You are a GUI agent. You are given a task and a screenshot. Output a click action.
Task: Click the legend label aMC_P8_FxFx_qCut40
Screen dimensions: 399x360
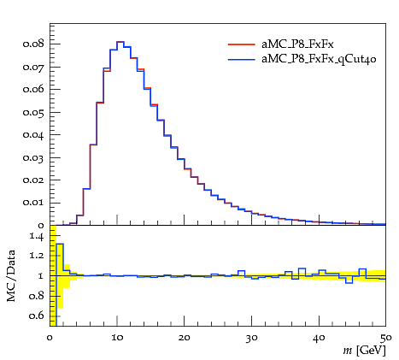319,59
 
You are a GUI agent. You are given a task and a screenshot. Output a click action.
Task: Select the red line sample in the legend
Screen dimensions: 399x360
241,44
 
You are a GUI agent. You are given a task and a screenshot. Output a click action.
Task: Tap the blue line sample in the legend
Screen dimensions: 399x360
241,60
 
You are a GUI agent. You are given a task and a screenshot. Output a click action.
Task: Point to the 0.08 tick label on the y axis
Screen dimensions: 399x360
33,44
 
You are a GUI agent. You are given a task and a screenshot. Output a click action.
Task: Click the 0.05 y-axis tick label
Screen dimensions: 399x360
33,112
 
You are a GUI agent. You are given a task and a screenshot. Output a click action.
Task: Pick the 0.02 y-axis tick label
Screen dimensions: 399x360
33,180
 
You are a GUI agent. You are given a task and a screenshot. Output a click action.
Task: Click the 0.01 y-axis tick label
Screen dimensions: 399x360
33,203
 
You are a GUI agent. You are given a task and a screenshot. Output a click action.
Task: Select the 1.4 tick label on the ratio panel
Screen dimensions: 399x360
37,236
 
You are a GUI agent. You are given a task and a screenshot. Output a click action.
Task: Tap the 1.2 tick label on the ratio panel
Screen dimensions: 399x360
37,255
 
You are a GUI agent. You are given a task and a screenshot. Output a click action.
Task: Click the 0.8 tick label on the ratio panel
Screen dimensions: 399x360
37,296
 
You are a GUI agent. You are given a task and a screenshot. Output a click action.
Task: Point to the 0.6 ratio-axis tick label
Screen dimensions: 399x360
37,316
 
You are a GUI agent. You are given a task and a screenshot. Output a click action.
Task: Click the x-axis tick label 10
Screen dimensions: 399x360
117,338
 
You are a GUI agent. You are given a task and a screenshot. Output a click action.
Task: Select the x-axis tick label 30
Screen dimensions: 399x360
251,338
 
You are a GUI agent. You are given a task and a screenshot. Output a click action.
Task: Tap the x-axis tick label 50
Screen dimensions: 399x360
386,338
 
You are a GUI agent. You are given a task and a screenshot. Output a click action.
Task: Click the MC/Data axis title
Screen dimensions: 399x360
11,276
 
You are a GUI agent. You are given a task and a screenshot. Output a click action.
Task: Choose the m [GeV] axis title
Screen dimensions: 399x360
364,351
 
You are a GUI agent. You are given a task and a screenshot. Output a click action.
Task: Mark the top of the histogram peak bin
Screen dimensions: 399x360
120,42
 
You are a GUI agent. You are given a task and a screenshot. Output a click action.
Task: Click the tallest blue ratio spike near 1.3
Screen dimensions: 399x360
60,244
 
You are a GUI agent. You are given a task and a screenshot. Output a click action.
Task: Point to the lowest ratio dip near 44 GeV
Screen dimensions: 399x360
349,283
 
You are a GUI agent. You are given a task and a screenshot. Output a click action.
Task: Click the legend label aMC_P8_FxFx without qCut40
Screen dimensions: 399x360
297,44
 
